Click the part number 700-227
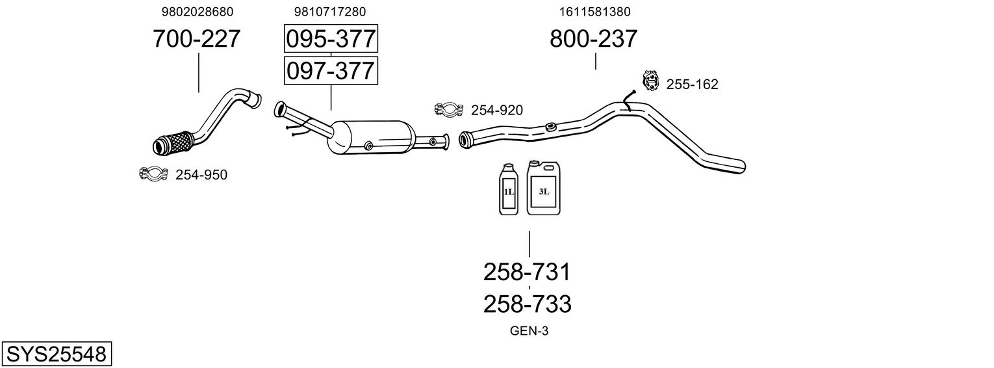coord(197,39)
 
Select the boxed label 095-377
coord(331,40)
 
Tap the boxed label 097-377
coord(331,70)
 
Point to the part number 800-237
coord(594,39)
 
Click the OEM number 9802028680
coord(197,12)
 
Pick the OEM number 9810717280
coord(330,12)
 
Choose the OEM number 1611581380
coord(594,12)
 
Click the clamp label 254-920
coord(497,111)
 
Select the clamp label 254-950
coord(201,175)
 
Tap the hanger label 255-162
coord(693,85)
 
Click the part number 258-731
coord(527,272)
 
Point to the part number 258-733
coord(527,304)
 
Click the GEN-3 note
coord(529,331)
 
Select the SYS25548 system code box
coord(56,354)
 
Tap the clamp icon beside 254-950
coord(154,174)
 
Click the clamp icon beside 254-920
coord(448,109)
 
